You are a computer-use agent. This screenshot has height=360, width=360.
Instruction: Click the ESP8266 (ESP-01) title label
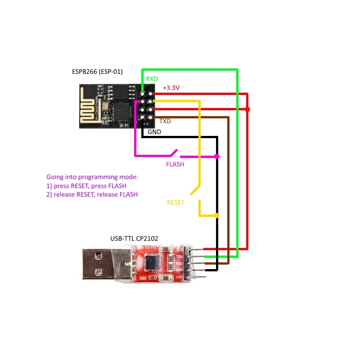pyautogui.click(x=98, y=72)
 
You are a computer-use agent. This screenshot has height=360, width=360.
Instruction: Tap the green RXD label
pyautogui.click(x=152, y=79)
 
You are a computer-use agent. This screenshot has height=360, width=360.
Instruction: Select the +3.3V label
pyautogui.click(x=171, y=88)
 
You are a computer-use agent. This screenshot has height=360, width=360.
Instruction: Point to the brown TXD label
pyautogui.click(x=165, y=121)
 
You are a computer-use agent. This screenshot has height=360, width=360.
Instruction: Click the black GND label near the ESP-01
pyautogui.click(x=154, y=132)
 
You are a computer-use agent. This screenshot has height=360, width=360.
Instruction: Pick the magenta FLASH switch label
pyautogui.click(x=175, y=164)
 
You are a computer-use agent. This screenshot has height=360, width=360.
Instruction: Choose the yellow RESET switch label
pyautogui.click(x=175, y=202)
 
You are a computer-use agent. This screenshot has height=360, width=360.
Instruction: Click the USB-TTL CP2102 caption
pyautogui.click(x=135, y=238)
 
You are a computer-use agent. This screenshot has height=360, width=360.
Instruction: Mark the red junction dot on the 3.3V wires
pyautogui.click(x=247, y=109)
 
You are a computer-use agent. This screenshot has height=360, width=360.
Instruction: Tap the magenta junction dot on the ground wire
pyautogui.click(x=217, y=156)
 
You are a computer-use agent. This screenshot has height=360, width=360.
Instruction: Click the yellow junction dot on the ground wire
pyautogui.click(x=217, y=216)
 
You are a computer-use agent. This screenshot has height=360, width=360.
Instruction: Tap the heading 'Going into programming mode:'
pyautogui.click(x=92, y=177)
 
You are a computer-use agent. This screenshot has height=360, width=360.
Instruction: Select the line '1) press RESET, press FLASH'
pyautogui.click(x=86, y=186)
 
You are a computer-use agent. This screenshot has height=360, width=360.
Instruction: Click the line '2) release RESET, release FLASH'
pyautogui.click(x=92, y=195)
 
